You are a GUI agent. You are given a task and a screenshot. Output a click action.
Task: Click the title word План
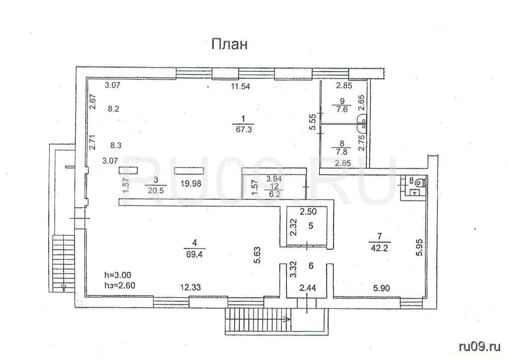229,44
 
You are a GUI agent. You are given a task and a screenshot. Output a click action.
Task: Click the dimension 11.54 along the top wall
241,87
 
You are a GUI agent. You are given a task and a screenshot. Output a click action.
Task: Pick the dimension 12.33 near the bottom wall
191,287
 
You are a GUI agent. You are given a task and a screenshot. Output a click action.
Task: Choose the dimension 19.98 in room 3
191,184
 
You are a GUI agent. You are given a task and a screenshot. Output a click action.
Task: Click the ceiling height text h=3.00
117,275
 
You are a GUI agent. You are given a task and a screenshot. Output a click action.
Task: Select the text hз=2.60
119,285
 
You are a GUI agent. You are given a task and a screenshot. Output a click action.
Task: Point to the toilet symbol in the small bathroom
420,182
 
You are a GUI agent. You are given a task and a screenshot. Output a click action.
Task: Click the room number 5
311,226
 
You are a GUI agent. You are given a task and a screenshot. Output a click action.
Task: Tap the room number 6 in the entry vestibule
311,266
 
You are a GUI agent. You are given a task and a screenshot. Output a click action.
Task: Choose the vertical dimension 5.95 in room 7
420,247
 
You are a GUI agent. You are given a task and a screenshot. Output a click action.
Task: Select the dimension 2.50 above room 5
308,212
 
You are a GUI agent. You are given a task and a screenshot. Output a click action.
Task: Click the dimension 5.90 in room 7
381,287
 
